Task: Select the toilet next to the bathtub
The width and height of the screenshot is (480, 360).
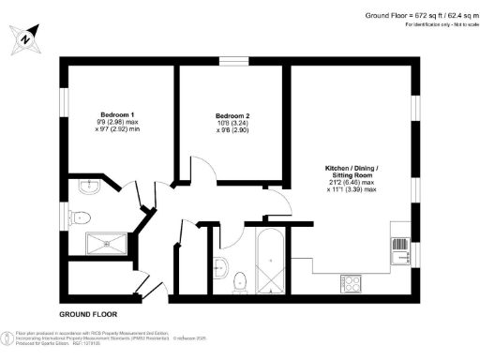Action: (238, 279)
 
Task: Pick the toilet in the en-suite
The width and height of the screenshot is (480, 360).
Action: (82, 217)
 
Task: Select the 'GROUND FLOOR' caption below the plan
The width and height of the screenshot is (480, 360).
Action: (89, 314)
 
